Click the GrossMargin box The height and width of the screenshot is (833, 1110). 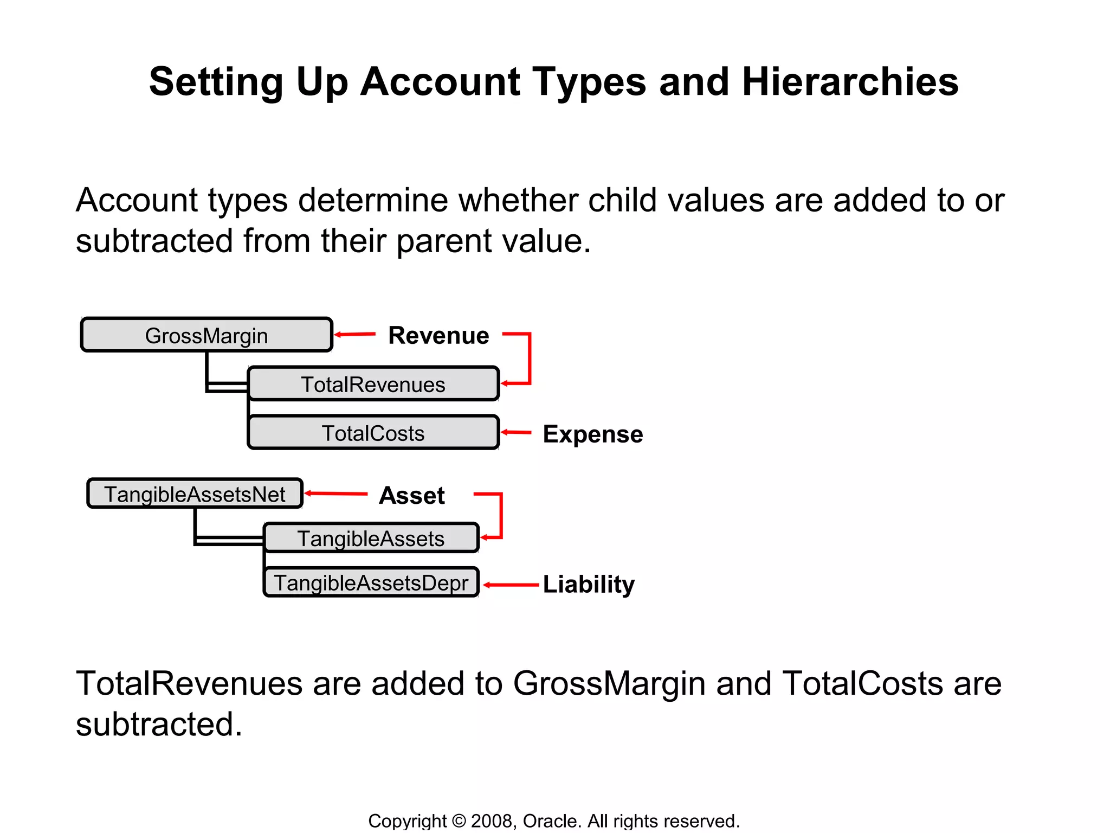206,335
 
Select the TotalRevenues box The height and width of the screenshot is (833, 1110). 373,384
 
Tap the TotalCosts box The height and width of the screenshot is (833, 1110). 373,433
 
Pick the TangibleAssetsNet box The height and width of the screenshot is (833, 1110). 195,494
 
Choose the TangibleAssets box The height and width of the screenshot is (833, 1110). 371,538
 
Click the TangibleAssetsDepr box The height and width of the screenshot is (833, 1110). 371,582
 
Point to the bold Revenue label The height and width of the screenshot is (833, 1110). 438,335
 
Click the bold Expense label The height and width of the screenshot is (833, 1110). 593,434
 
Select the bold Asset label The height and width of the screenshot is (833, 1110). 412,495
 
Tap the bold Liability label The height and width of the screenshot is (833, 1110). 589,584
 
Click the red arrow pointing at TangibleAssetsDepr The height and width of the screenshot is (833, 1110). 510,585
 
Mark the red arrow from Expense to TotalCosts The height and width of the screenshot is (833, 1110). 515,432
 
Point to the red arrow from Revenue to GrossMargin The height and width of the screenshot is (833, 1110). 354,334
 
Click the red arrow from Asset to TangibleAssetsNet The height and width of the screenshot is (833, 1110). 335,494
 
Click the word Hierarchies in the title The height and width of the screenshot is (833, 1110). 850,82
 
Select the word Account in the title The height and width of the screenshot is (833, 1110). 440,82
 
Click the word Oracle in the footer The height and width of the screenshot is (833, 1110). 550,821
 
